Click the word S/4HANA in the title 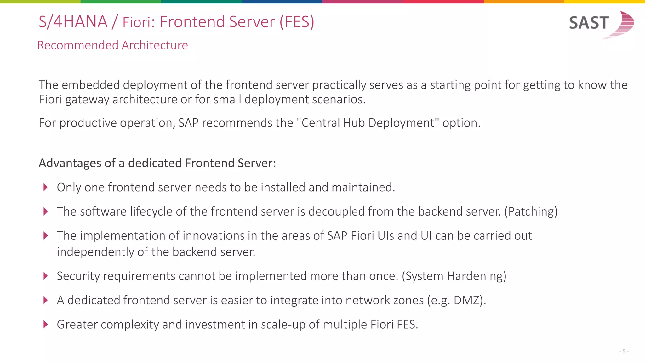73,22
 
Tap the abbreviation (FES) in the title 297,22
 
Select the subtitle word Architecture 155,45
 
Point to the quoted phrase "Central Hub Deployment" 368,123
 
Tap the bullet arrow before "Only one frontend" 46,187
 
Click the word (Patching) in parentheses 531,211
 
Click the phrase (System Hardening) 454,276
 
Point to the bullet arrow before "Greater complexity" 46,324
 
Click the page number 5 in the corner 624,351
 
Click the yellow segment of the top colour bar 605,2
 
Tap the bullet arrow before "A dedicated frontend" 46,300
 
